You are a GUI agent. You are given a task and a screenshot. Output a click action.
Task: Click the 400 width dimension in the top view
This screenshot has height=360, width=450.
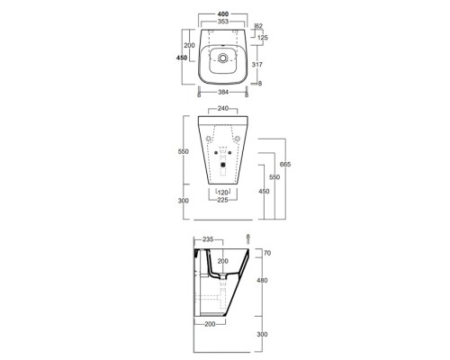(x=220, y=15)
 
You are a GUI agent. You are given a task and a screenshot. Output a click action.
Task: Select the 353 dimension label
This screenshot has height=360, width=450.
(x=220, y=24)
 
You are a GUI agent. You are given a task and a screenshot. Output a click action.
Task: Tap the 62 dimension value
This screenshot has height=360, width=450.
(x=260, y=26)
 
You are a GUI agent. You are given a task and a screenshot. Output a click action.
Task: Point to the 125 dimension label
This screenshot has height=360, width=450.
(x=263, y=38)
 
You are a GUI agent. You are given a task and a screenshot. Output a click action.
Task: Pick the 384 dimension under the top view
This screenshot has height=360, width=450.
(x=220, y=92)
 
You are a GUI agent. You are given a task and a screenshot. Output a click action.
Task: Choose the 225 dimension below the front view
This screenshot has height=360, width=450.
(x=220, y=200)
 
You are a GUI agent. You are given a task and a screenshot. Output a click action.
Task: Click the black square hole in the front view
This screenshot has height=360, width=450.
(x=221, y=165)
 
